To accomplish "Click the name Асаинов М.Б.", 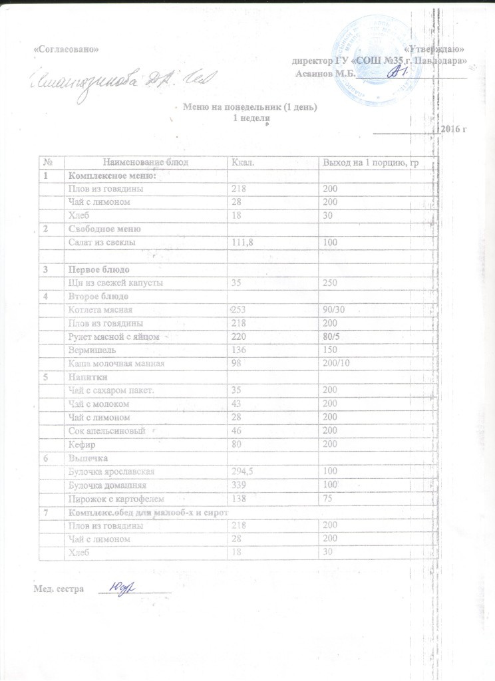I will point(325,73).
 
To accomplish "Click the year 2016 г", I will point(452,128).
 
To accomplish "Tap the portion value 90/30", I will point(334,310).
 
